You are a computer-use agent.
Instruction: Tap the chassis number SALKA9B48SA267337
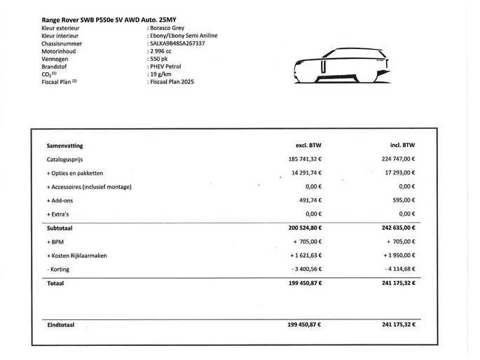point(178,43)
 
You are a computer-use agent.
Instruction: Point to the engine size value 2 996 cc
point(161,51)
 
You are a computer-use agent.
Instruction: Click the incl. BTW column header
point(402,146)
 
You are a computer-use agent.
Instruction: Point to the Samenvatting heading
point(64,146)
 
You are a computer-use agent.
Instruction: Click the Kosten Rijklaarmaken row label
point(77,256)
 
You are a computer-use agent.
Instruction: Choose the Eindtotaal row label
point(61,325)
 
